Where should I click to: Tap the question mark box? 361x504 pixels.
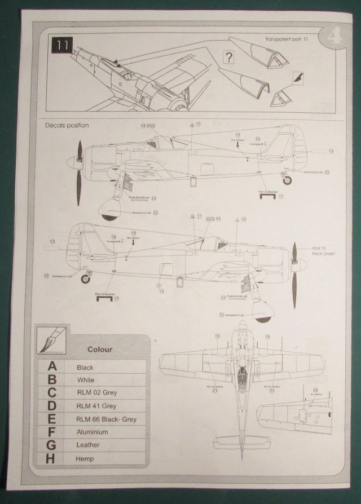click(228, 56)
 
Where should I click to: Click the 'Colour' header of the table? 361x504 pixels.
click(99, 349)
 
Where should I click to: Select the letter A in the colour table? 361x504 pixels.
click(52, 367)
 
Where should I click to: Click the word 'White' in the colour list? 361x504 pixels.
click(85, 380)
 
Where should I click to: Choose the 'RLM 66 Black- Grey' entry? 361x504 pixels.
click(107, 419)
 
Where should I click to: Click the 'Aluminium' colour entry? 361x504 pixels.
click(93, 432)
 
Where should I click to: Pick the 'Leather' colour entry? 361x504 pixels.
click(89, 445)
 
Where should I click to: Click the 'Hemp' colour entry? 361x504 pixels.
click(85, 458)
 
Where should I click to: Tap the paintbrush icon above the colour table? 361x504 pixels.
click(51, 340)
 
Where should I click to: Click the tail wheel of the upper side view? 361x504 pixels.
click(288, 180)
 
